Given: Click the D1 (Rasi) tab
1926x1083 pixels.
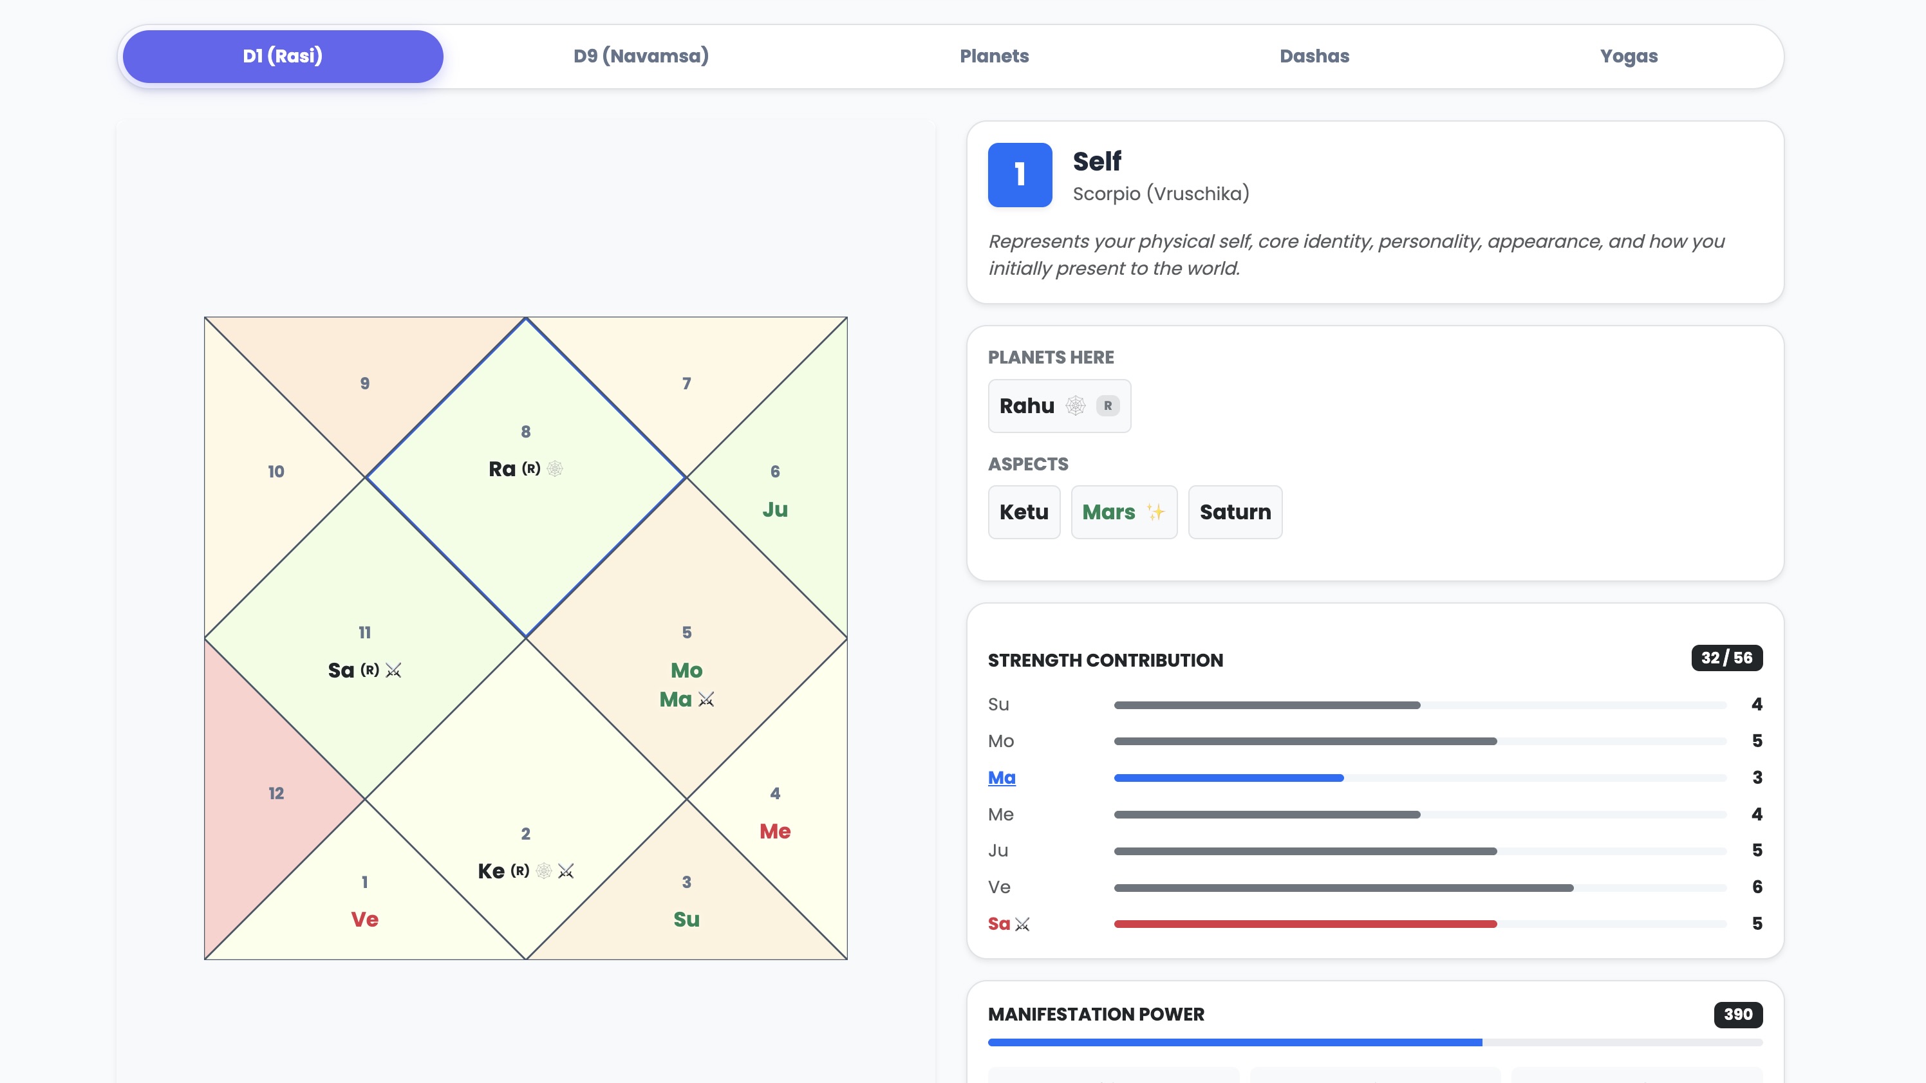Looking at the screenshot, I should [x=283, y=56].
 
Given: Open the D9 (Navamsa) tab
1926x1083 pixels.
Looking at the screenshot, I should [x=640, y=56].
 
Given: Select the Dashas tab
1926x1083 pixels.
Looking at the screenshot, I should [x=1314, y=56].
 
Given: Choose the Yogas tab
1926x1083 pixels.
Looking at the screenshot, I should [x=1629, y=56].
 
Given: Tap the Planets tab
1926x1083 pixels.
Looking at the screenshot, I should [x=994, y=56].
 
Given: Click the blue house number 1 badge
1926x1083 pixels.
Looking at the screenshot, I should [x=1019, y=174].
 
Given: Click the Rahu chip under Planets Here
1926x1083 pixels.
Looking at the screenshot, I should [x=1059, y=406].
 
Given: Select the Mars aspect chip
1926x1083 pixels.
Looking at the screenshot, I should [x=1123, y=512].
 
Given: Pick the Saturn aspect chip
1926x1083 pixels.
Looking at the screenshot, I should [x=1235, y=512].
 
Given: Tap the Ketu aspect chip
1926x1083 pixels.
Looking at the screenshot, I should [x=1024, y=512].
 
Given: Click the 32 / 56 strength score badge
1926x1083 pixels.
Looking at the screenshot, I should [x=1726, y=658].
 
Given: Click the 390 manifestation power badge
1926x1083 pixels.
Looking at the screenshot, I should [x=1737, y=1014].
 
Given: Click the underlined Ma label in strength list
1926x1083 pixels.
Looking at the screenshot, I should [x=1001, y=777].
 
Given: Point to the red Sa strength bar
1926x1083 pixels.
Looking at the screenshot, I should [x=1305, y=924].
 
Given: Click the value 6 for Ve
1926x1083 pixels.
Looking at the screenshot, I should [x=1756, y=887].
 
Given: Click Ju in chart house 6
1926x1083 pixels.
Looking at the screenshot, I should [x=774, y=510].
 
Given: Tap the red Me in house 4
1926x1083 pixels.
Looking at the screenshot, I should [x=774, y=831].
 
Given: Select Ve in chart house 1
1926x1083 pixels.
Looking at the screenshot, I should [x=364, y=920].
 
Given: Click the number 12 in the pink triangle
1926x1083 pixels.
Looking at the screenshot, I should [x=276, y=793].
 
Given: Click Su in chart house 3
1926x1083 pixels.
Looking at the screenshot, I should [x=686, y=920].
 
